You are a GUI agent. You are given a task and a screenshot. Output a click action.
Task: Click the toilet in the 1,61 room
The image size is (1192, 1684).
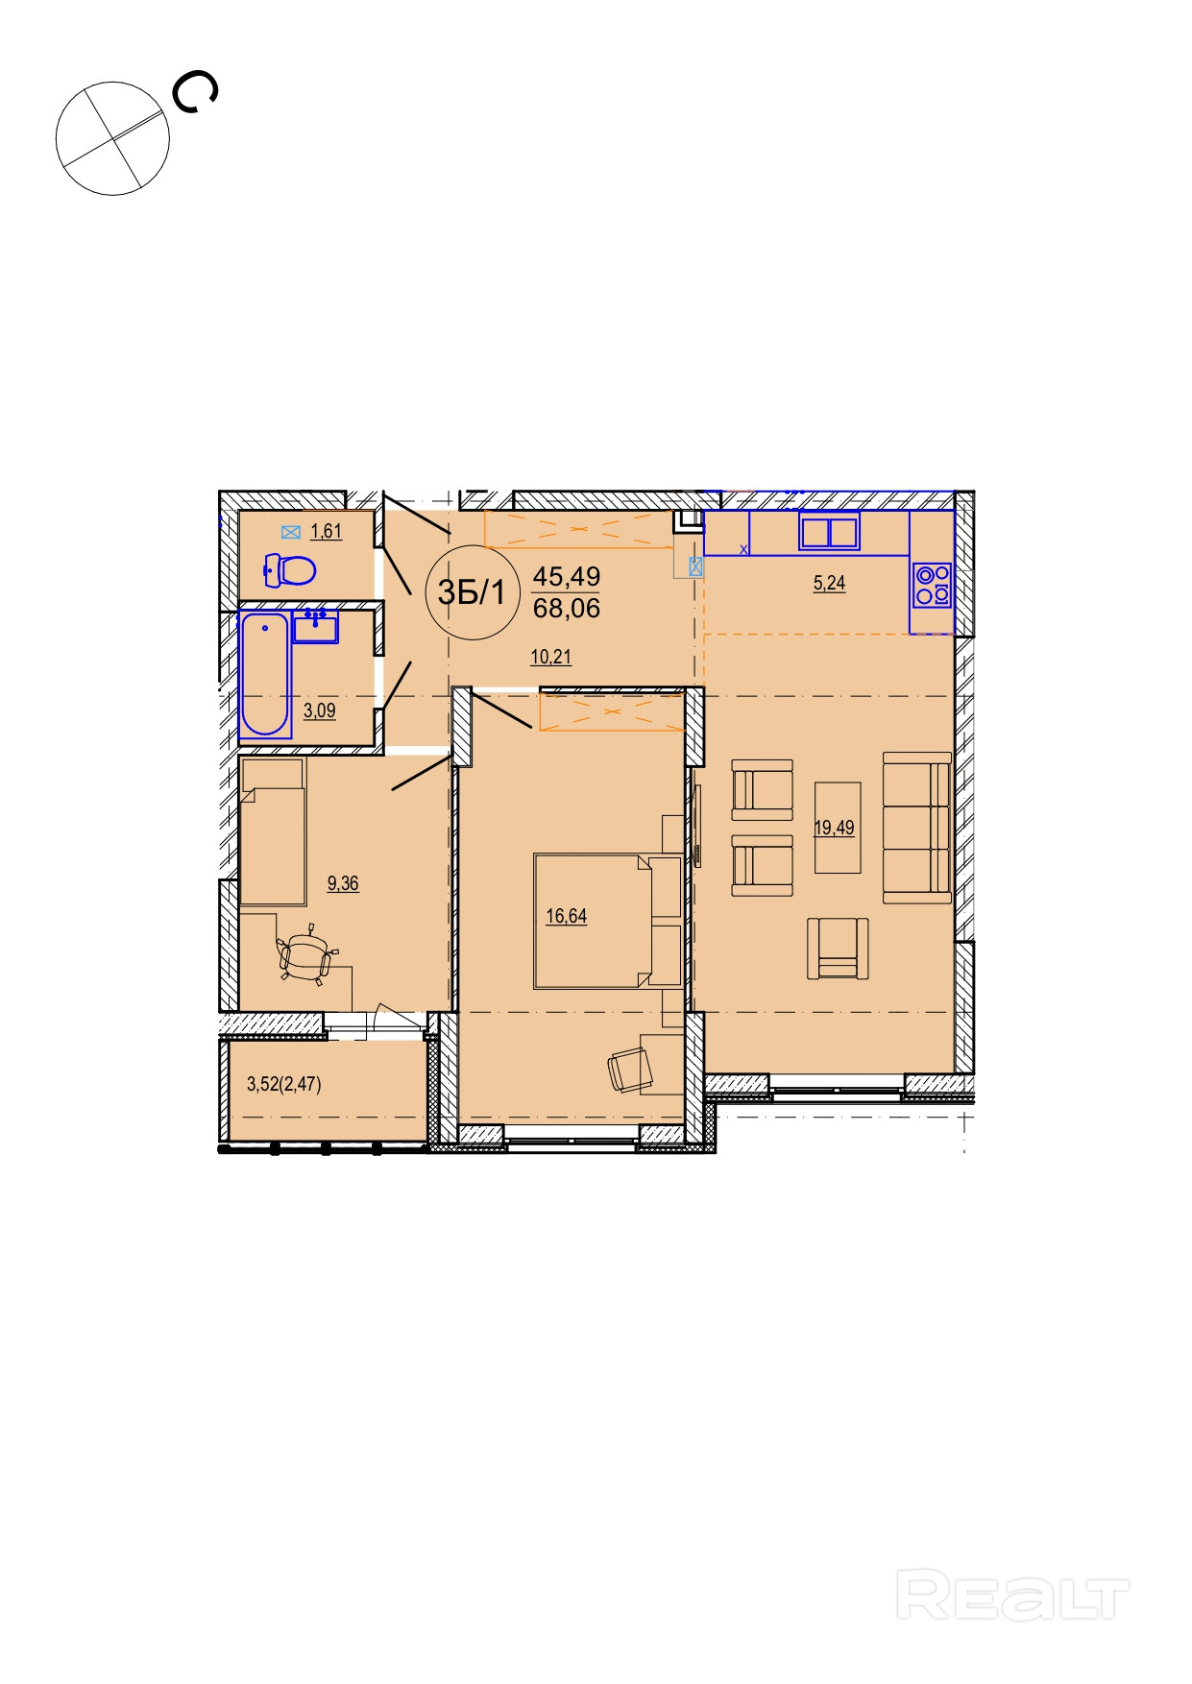(290, 570)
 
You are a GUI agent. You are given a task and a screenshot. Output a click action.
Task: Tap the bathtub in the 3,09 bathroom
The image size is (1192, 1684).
(265, 675)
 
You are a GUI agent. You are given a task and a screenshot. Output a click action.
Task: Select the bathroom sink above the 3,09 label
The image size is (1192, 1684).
(316, 626)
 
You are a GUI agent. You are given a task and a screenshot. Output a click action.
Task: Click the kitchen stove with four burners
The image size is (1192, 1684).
(932, 585)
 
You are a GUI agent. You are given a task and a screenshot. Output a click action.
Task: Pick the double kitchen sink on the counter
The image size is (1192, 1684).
(829, 532)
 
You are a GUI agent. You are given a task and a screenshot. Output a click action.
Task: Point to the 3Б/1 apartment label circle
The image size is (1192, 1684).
(472, 592)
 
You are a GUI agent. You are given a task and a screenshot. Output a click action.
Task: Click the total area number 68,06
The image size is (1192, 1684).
(567, 608)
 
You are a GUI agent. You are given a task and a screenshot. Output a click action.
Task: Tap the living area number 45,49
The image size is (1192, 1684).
(567, 576)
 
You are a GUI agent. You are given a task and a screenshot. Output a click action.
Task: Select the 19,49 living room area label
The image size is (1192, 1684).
(834, 828)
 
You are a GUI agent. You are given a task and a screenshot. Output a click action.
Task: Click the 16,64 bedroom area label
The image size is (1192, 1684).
(567, 916)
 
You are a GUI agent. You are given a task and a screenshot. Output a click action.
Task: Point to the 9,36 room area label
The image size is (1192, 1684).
(343, 883)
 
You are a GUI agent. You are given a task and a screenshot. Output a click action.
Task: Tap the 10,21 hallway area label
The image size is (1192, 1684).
(551, 657)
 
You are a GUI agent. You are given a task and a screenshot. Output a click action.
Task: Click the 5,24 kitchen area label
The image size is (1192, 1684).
(830, 583)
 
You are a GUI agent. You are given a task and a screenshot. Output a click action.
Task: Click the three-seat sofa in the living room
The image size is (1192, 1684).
(917, 828)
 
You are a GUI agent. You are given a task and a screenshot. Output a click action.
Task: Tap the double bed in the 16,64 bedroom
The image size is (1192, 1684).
(608, 921)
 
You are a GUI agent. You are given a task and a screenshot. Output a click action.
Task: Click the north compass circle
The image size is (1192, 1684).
(113, 138)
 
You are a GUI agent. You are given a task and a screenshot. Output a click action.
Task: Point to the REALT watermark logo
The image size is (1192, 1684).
(1012, 1595)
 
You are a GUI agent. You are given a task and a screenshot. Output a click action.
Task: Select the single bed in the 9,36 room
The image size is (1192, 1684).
(274, 831)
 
